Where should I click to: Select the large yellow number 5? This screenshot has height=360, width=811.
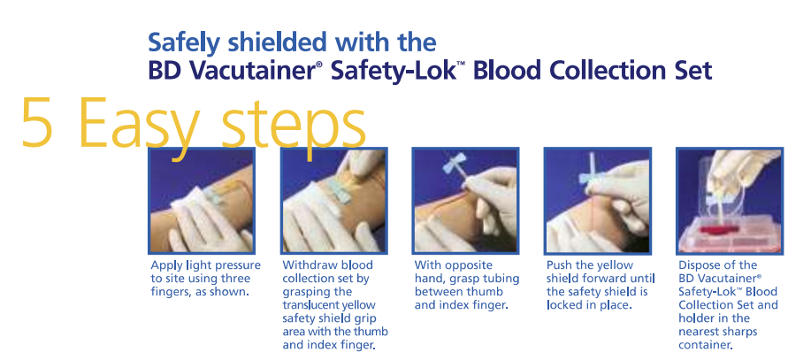point(37,121)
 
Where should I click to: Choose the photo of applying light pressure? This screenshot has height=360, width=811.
point(202,201)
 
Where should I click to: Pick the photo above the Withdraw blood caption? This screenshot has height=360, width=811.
point(333,201)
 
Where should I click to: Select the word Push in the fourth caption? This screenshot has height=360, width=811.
point(557,265)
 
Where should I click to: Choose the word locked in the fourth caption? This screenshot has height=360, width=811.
point(562,305)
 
